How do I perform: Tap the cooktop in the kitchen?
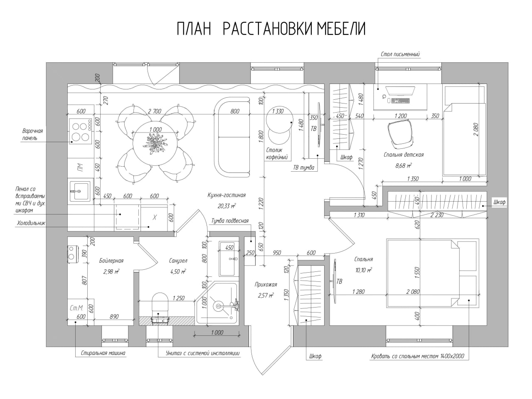click(x=81, y=131)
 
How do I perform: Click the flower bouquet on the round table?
click(x=155, y=144)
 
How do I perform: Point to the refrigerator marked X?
click(x=154, y=217)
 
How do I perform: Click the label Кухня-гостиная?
click(x=227, y=195)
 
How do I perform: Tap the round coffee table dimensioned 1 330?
click(x=279, y=119)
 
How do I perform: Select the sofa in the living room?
click(x=232, y=137)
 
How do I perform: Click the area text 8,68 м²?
click(x=403, y=166)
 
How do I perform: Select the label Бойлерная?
click(x=111, y=261)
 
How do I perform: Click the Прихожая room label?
click(x=266, y=284)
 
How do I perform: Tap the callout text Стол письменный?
click(x=400, y=54)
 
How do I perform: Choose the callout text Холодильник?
click(x=31, y=223)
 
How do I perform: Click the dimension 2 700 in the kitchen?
click(x=154, y=111)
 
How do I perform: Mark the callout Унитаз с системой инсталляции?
click(x=203, y=353)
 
